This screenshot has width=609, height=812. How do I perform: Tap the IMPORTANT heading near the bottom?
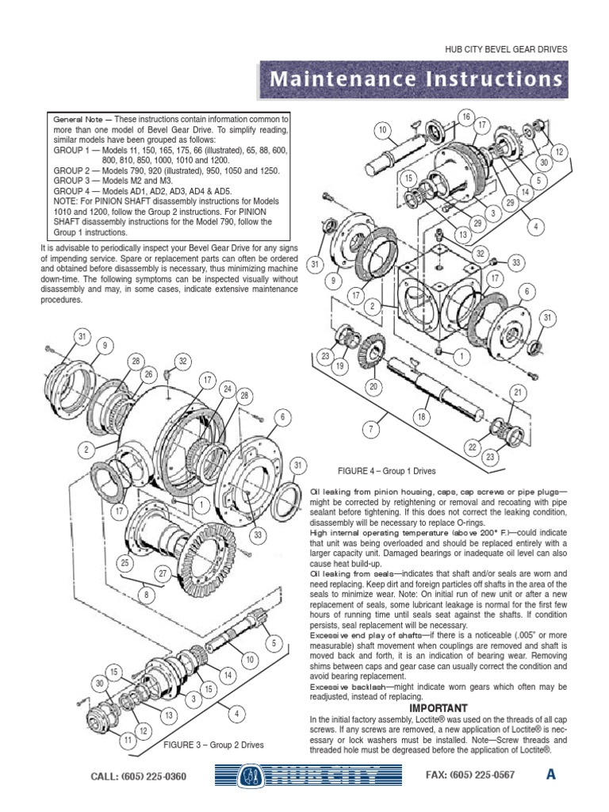(439, 707)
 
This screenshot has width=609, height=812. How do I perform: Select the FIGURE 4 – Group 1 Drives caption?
(386, 470)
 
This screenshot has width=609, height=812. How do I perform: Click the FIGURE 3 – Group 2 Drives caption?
(213, 745)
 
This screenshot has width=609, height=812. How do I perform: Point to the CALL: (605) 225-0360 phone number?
(140, 776)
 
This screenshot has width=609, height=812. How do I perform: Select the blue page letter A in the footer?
(550, 775)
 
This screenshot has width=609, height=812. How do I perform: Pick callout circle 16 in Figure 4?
(465, 117)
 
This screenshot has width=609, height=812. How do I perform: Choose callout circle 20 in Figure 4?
(373, 386)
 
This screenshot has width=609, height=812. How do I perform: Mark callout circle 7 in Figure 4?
(369, 429)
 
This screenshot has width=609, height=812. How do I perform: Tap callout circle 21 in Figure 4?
(517, 393)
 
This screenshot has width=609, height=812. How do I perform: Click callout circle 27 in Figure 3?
(163, 573)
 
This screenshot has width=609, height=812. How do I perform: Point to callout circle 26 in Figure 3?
(147, 374)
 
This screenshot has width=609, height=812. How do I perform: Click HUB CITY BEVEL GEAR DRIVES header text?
(507, 49)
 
